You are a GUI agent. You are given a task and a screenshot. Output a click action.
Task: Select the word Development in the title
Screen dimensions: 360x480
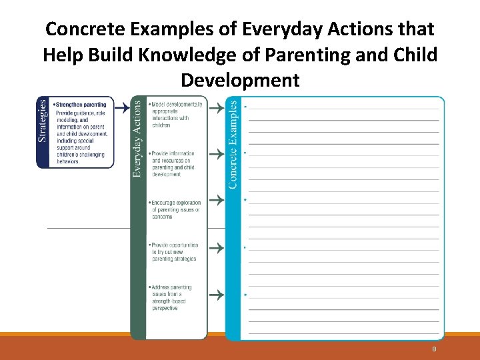[x=240, y=81]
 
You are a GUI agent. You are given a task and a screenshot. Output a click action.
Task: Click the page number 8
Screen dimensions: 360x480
[x=434, y=349]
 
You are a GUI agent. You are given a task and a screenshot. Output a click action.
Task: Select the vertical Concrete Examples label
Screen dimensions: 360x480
[x=233, y=144]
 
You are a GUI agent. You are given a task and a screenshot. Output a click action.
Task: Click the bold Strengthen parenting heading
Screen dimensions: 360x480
[x=81, y=105]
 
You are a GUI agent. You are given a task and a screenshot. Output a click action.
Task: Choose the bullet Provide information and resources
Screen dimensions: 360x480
[x=173, y=164]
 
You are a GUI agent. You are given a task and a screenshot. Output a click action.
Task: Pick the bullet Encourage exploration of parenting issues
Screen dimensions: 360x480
[x=175, y=209]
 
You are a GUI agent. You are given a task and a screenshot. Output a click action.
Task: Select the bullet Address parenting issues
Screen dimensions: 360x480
[x=171, y=297]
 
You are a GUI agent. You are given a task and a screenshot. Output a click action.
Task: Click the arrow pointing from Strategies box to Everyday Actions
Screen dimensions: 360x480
[x=122, y=105]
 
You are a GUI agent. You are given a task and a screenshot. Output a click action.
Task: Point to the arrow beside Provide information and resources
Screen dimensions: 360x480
[x=216, y=153]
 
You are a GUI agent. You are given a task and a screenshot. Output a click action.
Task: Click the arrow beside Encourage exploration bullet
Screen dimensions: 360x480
[x=216, y=199]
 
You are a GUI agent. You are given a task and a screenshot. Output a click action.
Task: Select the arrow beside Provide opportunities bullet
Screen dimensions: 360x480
[x=216, y=248]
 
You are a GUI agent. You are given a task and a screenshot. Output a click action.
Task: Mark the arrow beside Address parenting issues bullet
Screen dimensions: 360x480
[x=216, y=294]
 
